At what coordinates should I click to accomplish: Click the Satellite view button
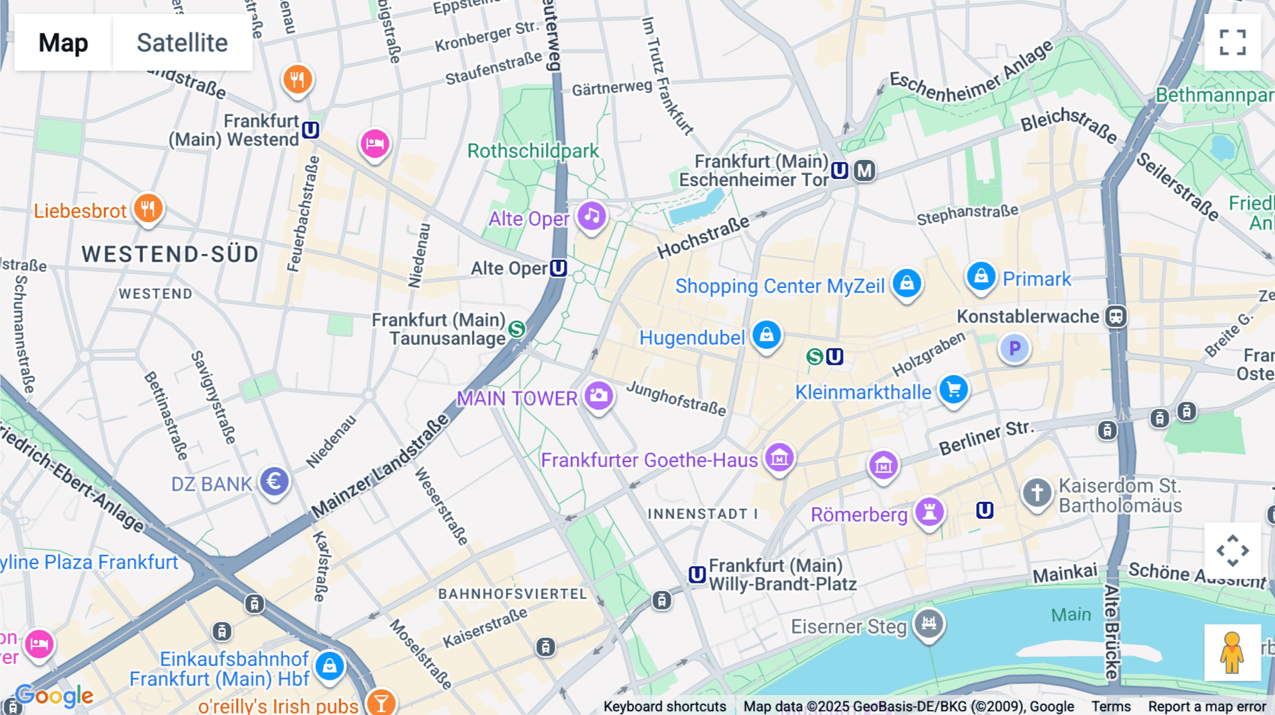point(182,42)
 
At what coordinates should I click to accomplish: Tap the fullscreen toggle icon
point(1232,42)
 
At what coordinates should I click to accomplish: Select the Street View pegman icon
point(1232,653)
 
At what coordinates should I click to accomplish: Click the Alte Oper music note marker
point(591,216)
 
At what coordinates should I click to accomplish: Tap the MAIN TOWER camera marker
point(599,396)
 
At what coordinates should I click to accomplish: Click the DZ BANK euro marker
point(274,481)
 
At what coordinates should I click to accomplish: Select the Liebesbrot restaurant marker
point(148,209)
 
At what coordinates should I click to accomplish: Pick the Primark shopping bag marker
point(981,276)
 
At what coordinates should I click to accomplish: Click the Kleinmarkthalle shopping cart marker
point(953,389)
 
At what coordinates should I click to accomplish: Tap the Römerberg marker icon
point(929,511)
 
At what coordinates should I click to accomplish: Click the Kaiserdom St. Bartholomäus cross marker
point(1036,492)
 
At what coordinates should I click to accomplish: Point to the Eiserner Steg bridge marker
point(929,624)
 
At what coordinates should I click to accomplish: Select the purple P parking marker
point(1014,348)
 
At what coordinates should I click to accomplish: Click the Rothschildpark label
point(533,151)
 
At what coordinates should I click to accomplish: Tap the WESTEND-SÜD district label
point(170,254)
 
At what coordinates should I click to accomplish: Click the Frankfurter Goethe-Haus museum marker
point(779,458)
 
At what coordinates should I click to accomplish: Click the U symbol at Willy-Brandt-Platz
point(697,574)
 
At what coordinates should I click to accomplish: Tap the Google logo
point(55,696)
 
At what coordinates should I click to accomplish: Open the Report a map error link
point(1207,706)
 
